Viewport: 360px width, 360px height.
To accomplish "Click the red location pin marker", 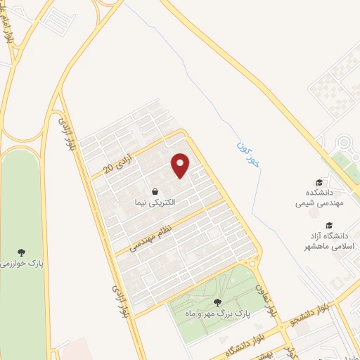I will [x=181, y=166].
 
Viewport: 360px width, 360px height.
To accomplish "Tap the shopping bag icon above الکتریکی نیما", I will [x=154, y=191].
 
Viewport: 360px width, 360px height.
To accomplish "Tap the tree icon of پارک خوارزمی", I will [x=23, y=252].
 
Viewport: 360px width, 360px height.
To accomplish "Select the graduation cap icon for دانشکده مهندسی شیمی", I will [x=319, y=182].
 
